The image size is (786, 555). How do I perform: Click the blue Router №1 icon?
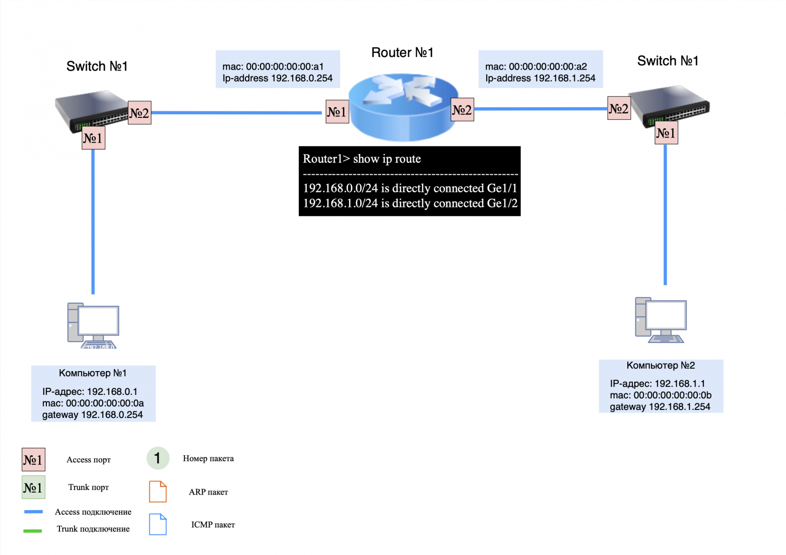pos(403,107)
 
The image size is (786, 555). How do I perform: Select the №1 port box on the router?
pos(337,111)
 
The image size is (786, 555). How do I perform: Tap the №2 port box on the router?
pos(462,110)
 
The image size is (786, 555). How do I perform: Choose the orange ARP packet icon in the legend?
pos(158,492)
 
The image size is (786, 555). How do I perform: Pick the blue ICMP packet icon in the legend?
pos(158,524)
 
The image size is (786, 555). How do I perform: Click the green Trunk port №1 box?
pos(33,488)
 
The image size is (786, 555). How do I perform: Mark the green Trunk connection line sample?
pos(33,530)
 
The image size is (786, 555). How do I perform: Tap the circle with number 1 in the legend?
pos(158,458)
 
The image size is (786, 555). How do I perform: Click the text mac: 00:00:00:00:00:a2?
pos(536,66)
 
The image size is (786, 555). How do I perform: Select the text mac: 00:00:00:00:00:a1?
pos(273,66)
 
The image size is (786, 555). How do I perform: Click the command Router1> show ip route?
pos(362,159)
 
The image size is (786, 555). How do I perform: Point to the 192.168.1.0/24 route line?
pos(410,203)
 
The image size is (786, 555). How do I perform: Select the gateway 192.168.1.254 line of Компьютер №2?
pos(660,407)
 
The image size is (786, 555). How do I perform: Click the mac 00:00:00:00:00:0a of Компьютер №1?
pos(93,403)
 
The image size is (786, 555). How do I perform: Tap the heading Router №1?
pos(402,53)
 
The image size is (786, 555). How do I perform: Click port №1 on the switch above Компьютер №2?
pos(666,133)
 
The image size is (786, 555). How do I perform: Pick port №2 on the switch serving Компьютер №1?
pos(140,113)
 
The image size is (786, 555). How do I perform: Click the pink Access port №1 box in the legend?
pos(33,460)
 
